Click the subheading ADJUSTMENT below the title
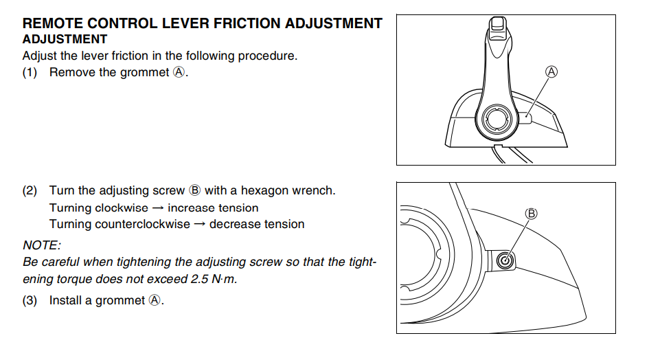(x=65, y=39)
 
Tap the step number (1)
(x=30, y=73)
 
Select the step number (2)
(x=30, y=190)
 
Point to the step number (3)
(x=30, y=300)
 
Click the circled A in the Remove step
(x=179, y=73)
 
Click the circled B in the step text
(x=194, y=190)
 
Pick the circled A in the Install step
(x=155, y=300)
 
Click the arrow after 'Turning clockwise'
(x=158, y=208)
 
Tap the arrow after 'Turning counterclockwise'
(x=200, y=224)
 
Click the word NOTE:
(x=42, y=245)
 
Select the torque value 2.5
(x=199, y=279)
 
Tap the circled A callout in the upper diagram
(x=551, y=72)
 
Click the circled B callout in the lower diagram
(x=532, y=214)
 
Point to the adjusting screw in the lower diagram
(x=505, y=261)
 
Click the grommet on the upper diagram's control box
(x=526, y=118)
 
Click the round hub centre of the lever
(x=496, y=120)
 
